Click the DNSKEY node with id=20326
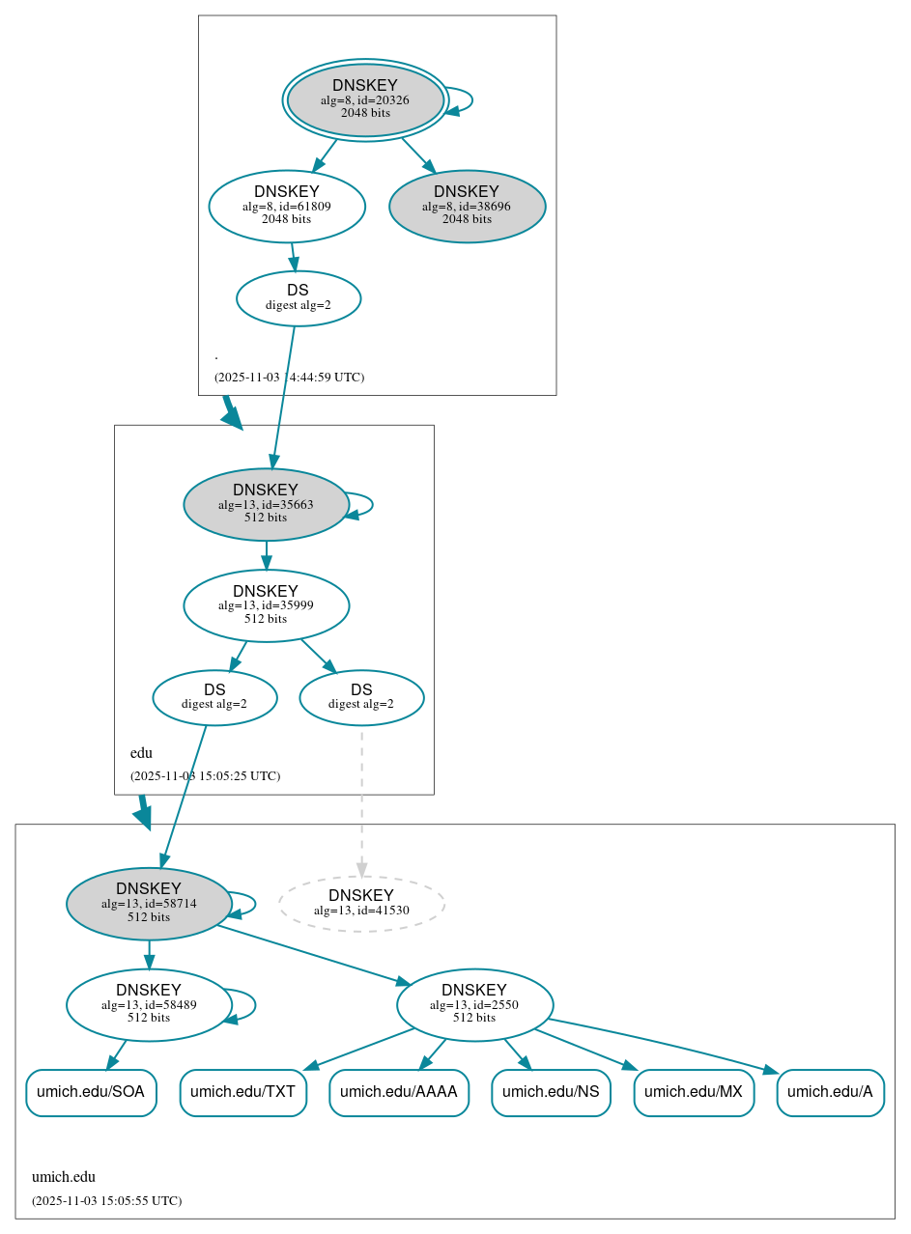click(x=365, y=99)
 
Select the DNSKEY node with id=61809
click(x=287, y=206)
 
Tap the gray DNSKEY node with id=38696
click(x=468, y=206)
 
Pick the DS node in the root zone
click(x=299, y=298)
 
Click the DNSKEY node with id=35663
click(x=266, y=504)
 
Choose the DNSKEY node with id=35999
click(x=266, y=605)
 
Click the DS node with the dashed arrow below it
click(x=361, y=697)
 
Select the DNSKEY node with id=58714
click(x=149, y=904)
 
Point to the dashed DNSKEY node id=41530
click(x=361, y=904)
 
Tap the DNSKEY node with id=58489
click(x=149, y=1005)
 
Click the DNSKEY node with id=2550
click(x=474, y=1005)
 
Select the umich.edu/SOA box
click(x=91, y=1092)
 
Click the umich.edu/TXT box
click(x=242, y=1092)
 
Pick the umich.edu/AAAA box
click(x=399, y=1092)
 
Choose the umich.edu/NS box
click(x=551, y=1092)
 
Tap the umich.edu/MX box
click(x=694, y=1092)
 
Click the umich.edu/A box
click(x=830, y=1092)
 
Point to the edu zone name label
click(x=141, y=753)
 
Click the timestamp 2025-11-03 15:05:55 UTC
click(x=106, y=1201)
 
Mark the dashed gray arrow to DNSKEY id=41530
click(x=361, y=801)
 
